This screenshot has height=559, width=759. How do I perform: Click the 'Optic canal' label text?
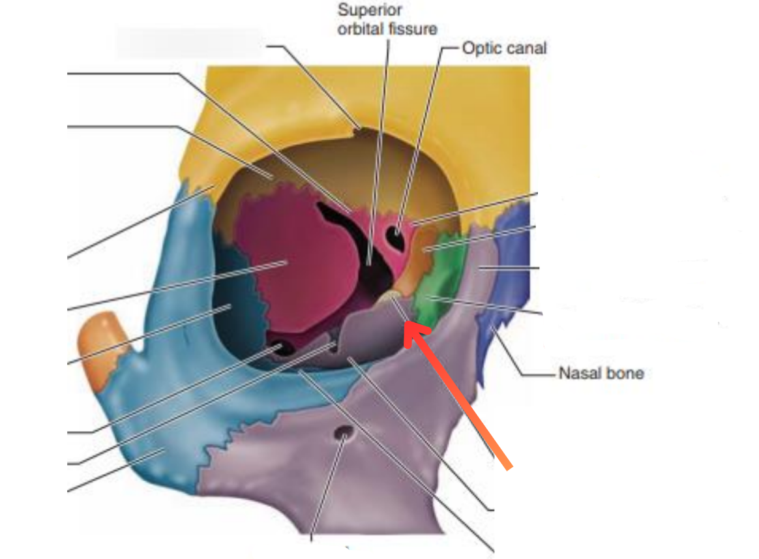pos(503,48)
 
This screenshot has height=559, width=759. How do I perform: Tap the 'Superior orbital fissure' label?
pos(387,20)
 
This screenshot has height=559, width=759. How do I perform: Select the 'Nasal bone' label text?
pos(601,373)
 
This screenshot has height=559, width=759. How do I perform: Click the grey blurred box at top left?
pos(189,42)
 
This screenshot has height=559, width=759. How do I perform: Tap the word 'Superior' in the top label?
pos(370,10)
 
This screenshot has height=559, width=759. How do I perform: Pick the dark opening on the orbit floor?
pos(282,348)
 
